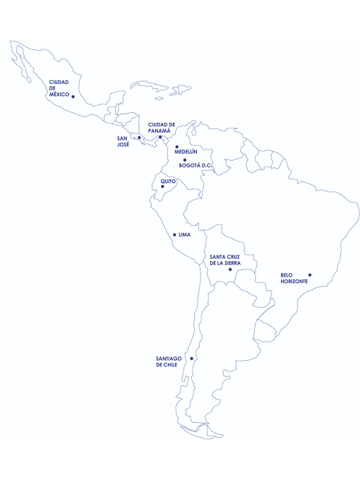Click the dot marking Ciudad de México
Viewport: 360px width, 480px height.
pyautogui.click(x=73, y=97)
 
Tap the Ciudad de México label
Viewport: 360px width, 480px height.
pyautogui.click(x=59, y=88)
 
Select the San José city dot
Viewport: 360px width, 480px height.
pyautogui.click(x=139, y=138)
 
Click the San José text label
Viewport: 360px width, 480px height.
pyautogui.click(x=123, y=140)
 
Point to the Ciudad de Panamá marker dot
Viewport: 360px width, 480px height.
pyautogui.click(x=160, y=137)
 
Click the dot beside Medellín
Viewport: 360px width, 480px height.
pyautogui.click(x=177, y=147)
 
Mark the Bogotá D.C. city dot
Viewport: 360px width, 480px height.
pyautogui.click(x=185, y=160)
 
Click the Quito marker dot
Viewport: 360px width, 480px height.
pyautogui.click(x=162, y=187)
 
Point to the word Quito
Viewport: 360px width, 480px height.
pyautogui.click(x=168, y=181)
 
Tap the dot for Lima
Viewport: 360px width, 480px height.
pyautogui.click(x=174, y=234)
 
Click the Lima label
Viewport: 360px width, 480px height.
pyautogui.click(x=185, y=234)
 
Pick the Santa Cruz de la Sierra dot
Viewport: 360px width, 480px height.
pyautogui.click(x=229, y=269)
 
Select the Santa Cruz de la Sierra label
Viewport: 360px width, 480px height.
pyautogui.click(x=225, y=259)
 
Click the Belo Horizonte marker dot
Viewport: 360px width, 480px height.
pyautogui.click(x=309, y=275)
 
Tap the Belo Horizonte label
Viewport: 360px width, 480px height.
pyautogui.click(x=294, y=278)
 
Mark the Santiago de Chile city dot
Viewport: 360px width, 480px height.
pyautogui.click(x=191, y=359)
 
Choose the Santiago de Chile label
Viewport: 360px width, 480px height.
pyautogui.click(x=169, y=361)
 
